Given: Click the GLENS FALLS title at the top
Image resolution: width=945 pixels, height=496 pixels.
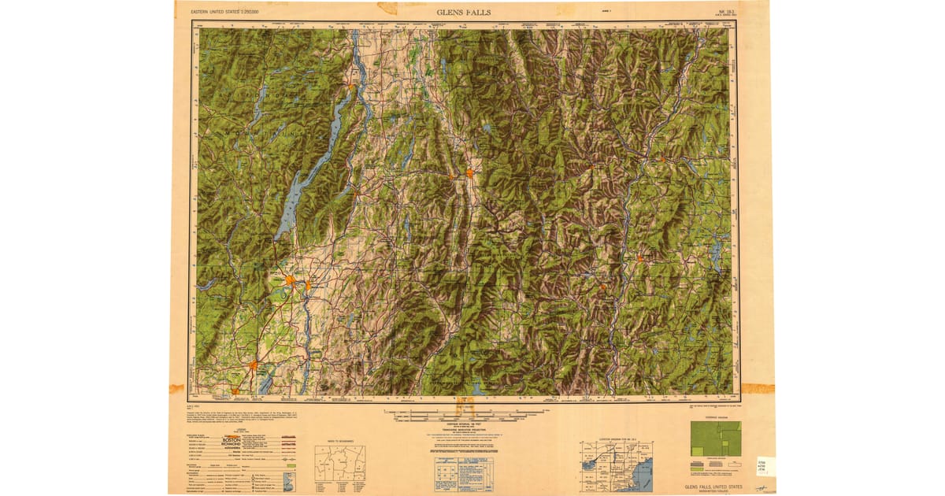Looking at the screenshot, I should click(464, 12).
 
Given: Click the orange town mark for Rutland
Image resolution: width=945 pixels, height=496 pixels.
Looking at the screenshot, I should click(470, 172).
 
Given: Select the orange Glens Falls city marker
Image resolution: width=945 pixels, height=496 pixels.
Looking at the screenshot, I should click(291, 280).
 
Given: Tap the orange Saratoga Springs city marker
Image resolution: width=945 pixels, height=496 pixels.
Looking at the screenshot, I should click(254, 365).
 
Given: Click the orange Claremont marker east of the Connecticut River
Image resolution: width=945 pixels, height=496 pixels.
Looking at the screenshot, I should click(640, 257).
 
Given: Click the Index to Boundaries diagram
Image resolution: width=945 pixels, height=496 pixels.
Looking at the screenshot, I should click(339, 464).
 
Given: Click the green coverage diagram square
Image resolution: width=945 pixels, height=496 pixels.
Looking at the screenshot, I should click(715, 439).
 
